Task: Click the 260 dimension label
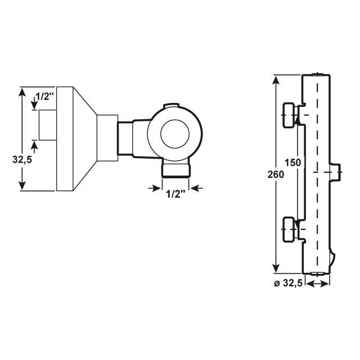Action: (x=276, y=174)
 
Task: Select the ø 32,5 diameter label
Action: (x=288, y=284)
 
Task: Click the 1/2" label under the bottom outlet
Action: (x=175, y=195)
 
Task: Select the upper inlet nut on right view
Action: (x=290, y=115)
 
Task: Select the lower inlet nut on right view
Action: (x=290, y=231)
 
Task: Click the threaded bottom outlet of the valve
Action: (x=176, y=169)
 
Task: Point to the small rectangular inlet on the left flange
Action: (x=47, y=125)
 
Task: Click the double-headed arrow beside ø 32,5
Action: (x=317, y=285)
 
